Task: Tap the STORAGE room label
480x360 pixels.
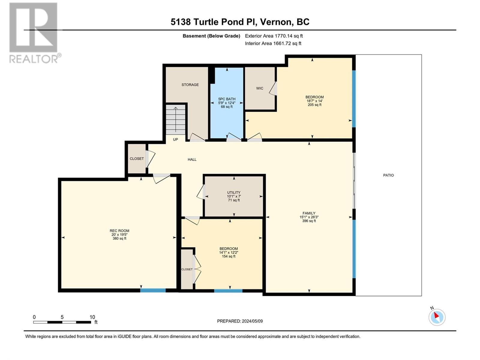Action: pos(190,85)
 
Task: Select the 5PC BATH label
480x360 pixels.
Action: pos(227,99)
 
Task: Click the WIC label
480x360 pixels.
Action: pos(259,88)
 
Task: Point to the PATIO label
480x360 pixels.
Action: pos(388,175)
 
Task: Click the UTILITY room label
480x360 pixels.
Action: pos(234,192)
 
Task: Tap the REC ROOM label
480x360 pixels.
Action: pos(119,231)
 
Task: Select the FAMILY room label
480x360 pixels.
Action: pos(309,213)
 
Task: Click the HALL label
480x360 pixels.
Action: pos(192,160)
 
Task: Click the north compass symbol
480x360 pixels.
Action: pos(437,317)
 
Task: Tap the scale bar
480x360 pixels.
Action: pos(62,322)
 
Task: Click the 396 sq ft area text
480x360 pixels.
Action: pos(309,221)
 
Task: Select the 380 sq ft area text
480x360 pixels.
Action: pos(119,238)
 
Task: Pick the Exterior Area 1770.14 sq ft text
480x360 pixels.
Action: pos(274,36)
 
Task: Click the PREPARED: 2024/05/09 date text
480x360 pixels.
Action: pos(240,321)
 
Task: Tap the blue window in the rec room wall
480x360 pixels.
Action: pos(153,290)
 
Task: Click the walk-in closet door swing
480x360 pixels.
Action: pos(273,88)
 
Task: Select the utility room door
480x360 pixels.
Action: pos(201,192)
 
